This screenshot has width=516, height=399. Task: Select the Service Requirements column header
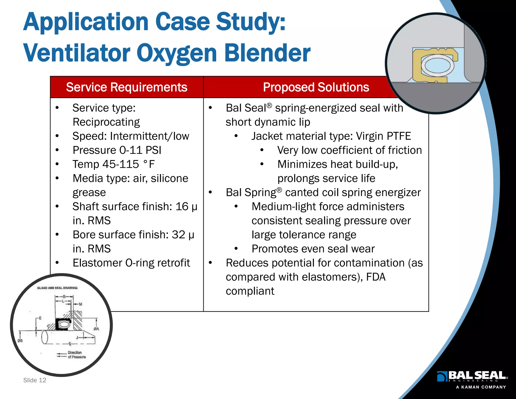click(126, 87)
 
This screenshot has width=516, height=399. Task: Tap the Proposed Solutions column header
click(316, 87)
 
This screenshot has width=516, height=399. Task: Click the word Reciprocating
click(106, 122)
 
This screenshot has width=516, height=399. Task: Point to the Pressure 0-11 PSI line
click(117, 150)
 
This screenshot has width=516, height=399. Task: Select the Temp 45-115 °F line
click(113, 164)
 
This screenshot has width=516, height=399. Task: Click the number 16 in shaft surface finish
click(182, 207)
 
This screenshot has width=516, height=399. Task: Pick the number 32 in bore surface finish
click(178, 235)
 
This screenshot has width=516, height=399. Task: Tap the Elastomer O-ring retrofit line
click(131, 263)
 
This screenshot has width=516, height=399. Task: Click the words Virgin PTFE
click(383, 136)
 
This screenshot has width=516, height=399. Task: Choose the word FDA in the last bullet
click(376, 277)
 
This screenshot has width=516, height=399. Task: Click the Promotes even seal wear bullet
click(313, 249)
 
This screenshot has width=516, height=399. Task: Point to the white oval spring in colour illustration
click(438, 66)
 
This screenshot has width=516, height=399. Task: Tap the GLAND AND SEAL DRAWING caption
click(57, 288)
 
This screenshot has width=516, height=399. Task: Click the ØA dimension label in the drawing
click(96, 329)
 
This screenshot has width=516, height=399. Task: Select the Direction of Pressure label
click(76, 355)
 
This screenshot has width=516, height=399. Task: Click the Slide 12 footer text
click(35, 380)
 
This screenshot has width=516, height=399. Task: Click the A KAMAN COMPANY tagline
click(481, 387)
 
